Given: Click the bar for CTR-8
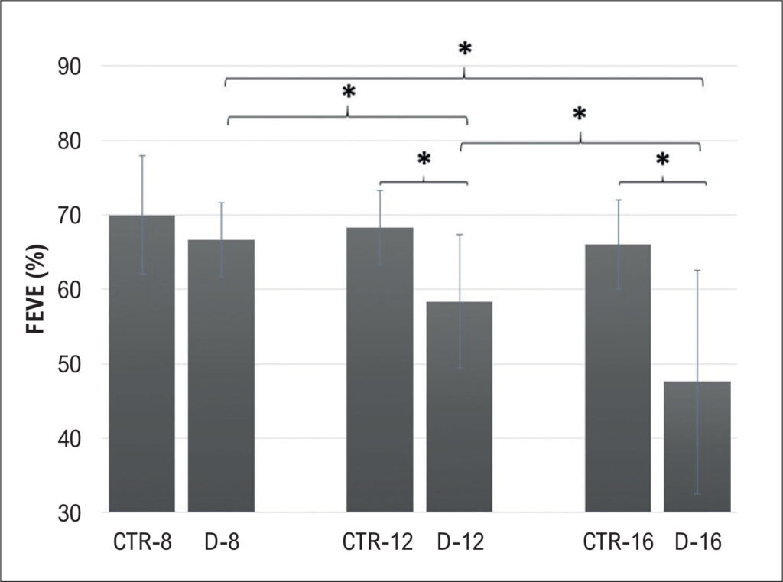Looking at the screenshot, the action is pyautogui.click(x=142, y=364).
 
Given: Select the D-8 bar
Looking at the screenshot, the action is pyautogui.click(x=221, y=376).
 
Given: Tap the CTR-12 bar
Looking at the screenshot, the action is pyautogui.click(x=380, y=369).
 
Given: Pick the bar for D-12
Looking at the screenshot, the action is pyautogui.click(x=459, y=407).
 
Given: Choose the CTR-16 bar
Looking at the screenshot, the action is pyautogui.click(x=618, y=378).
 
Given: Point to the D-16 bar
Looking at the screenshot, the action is pyautogui.click(x=697, y=447).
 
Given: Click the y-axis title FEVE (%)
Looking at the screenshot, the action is pyautogui.click(x=37, y=289).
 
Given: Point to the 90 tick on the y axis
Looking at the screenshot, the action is pyautogui.click(x=69, y=67).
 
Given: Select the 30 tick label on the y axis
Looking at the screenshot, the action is pyautogui.click(x=69, y=514).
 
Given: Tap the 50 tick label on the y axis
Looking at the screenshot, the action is pyautogui.click(x=69, y=365).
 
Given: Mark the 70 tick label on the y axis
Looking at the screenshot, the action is pyautogui.click(x=69, y=216).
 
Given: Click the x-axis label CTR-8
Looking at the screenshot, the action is pyautogui.click(x=142, y=542).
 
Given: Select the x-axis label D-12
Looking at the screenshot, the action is pyautogui.click(x=460, y=542).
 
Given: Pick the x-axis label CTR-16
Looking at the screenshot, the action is pyautogui.click(x=618, y=542).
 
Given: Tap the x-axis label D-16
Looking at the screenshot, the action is pyautogui.click(x=698, y=542).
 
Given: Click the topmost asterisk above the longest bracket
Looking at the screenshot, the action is pyautogui.click(x=464, y=48).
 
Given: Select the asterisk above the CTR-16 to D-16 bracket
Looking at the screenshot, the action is pyautogui.click(x=662, y=160).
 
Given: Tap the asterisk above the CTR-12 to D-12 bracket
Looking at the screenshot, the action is pyautogui.click(x=424, y=159).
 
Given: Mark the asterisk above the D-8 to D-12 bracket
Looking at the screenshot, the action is pyautogui.click(x=348, y=92).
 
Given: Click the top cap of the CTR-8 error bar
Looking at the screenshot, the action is pyautogui.click(x=142, y=156).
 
